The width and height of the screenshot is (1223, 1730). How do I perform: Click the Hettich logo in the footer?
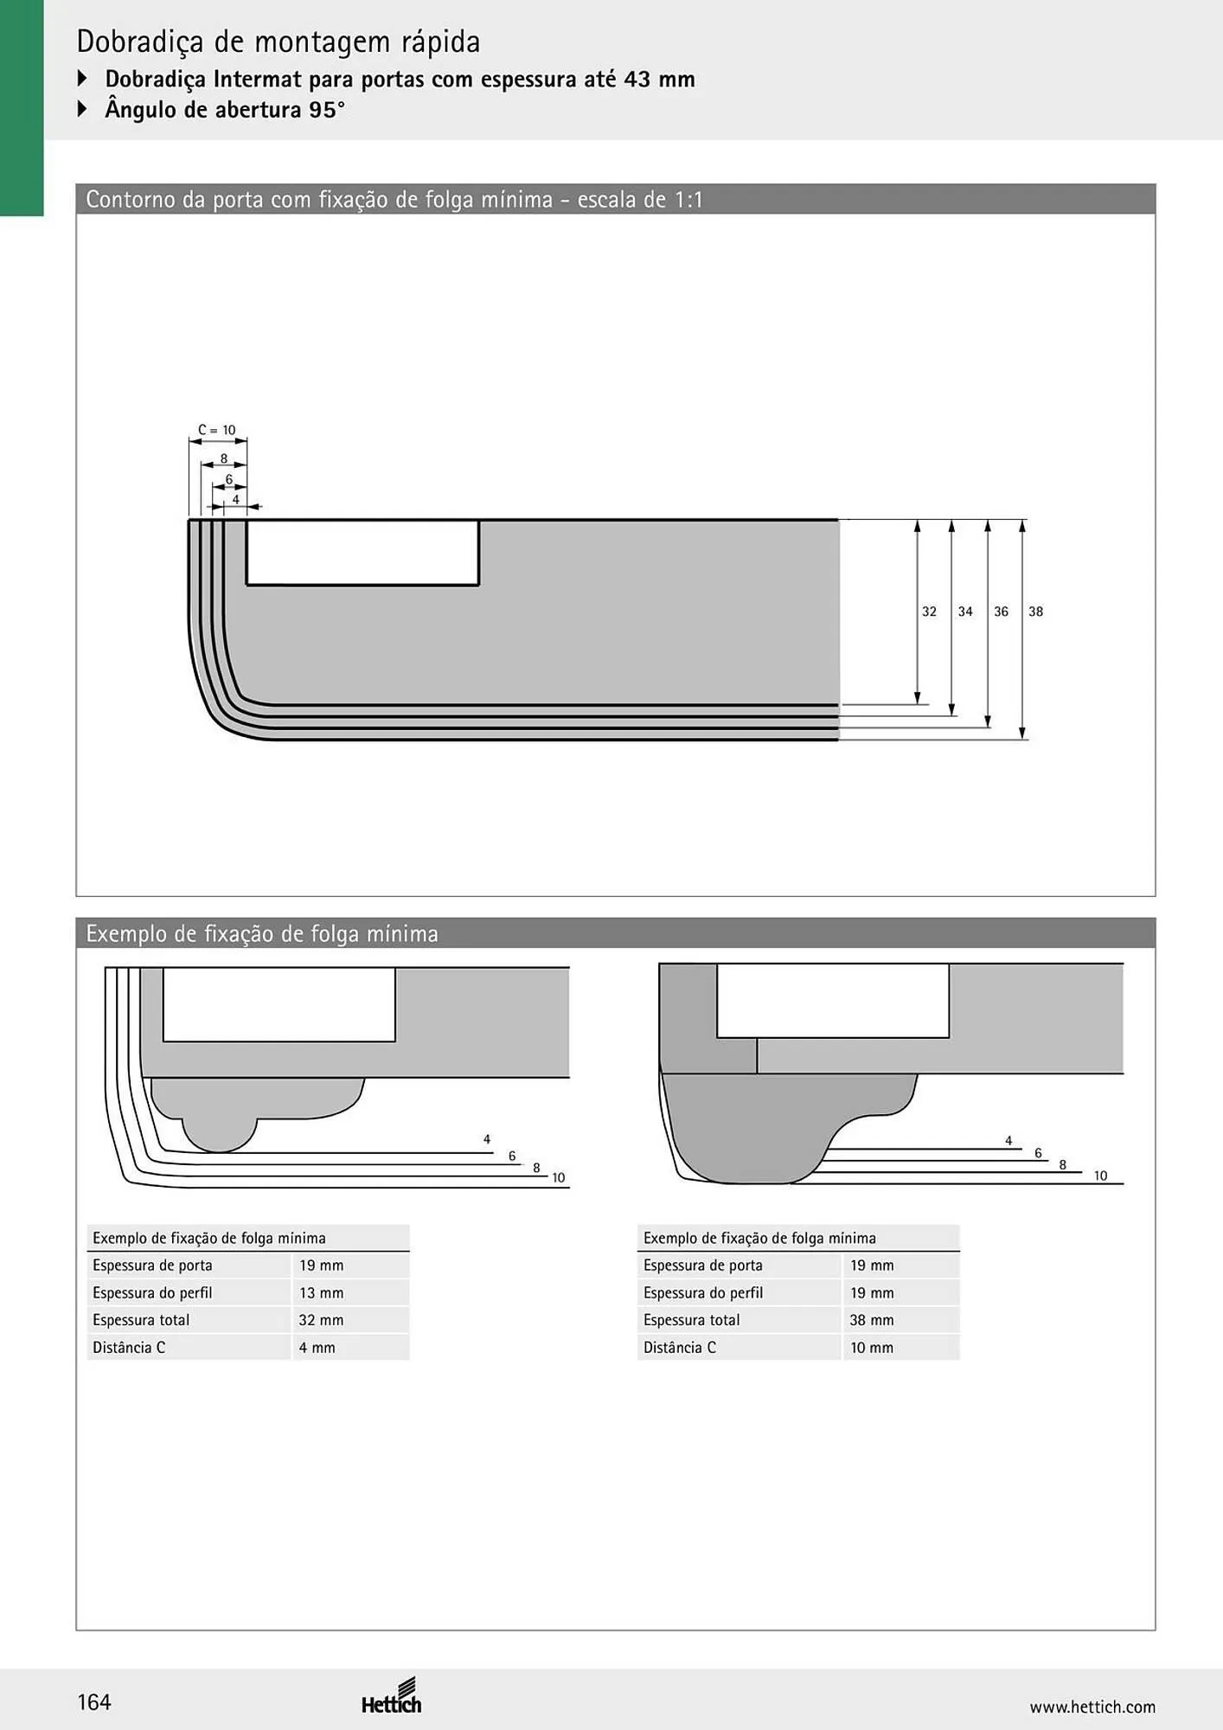pos(392,1697)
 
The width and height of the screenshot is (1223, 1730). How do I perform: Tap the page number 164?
pos(94,1702)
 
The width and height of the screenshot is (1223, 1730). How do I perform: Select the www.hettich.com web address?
pos(1092,1707)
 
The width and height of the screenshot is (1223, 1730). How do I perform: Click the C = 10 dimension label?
pos(217,430)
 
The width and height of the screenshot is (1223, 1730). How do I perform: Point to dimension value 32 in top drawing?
pos(929,612)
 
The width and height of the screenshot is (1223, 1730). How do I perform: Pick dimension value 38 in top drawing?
pos(1035,612)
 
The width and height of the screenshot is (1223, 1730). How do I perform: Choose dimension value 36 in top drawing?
pos(1001,612)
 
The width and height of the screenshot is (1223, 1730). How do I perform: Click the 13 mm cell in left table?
pos(321,1292)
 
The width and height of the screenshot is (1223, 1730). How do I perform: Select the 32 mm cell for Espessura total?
pos(321,1320)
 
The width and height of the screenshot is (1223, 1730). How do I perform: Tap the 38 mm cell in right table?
pos(872,1320)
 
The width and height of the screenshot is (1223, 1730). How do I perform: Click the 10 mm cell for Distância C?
pos(872,1347)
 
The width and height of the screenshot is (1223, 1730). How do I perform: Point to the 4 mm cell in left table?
pos(317,1347)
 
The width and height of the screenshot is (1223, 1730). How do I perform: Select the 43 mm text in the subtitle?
pos(659,79)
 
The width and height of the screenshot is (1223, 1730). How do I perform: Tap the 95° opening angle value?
pos(326,110)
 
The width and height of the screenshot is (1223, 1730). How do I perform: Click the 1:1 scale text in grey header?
pos(688,200)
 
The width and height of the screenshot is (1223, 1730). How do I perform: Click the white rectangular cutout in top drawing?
pos(362,553)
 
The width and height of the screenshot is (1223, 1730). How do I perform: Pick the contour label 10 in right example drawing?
pos(1100,1176)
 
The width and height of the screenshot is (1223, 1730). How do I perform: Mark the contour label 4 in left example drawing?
pos(487,1139)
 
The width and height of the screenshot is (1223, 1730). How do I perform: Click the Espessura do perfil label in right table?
pos(703,1292)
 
